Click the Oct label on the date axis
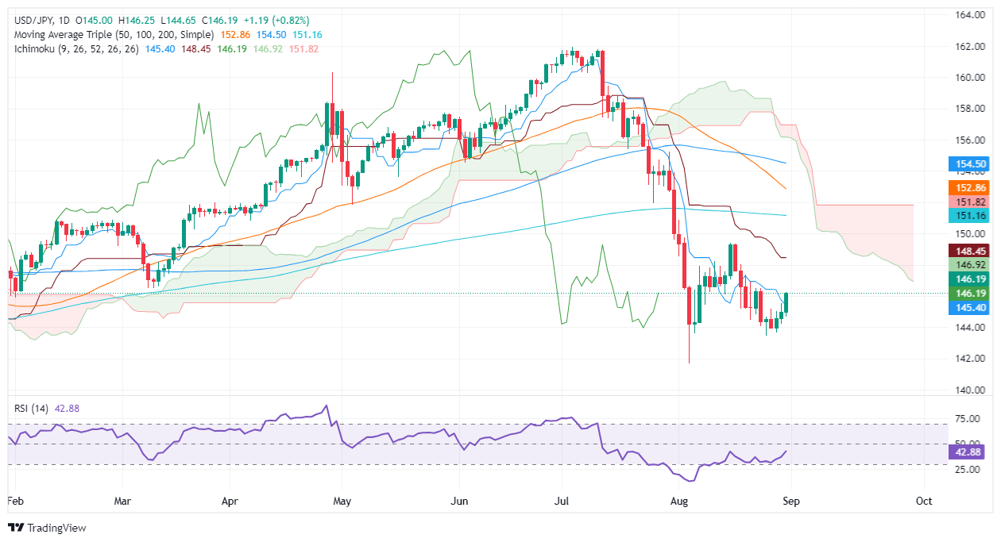point(923,501)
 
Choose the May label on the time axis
point(342,501)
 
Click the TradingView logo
point(48,528)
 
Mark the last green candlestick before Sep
point(786,302)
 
